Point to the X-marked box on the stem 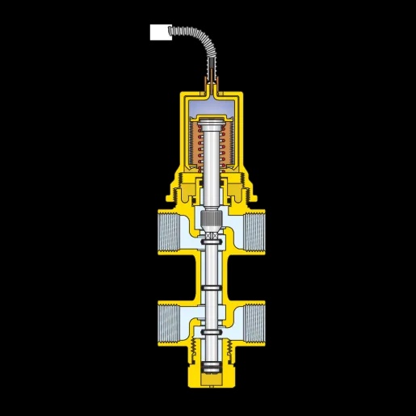tap(209, 236)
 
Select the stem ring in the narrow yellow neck tap(209, 288)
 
